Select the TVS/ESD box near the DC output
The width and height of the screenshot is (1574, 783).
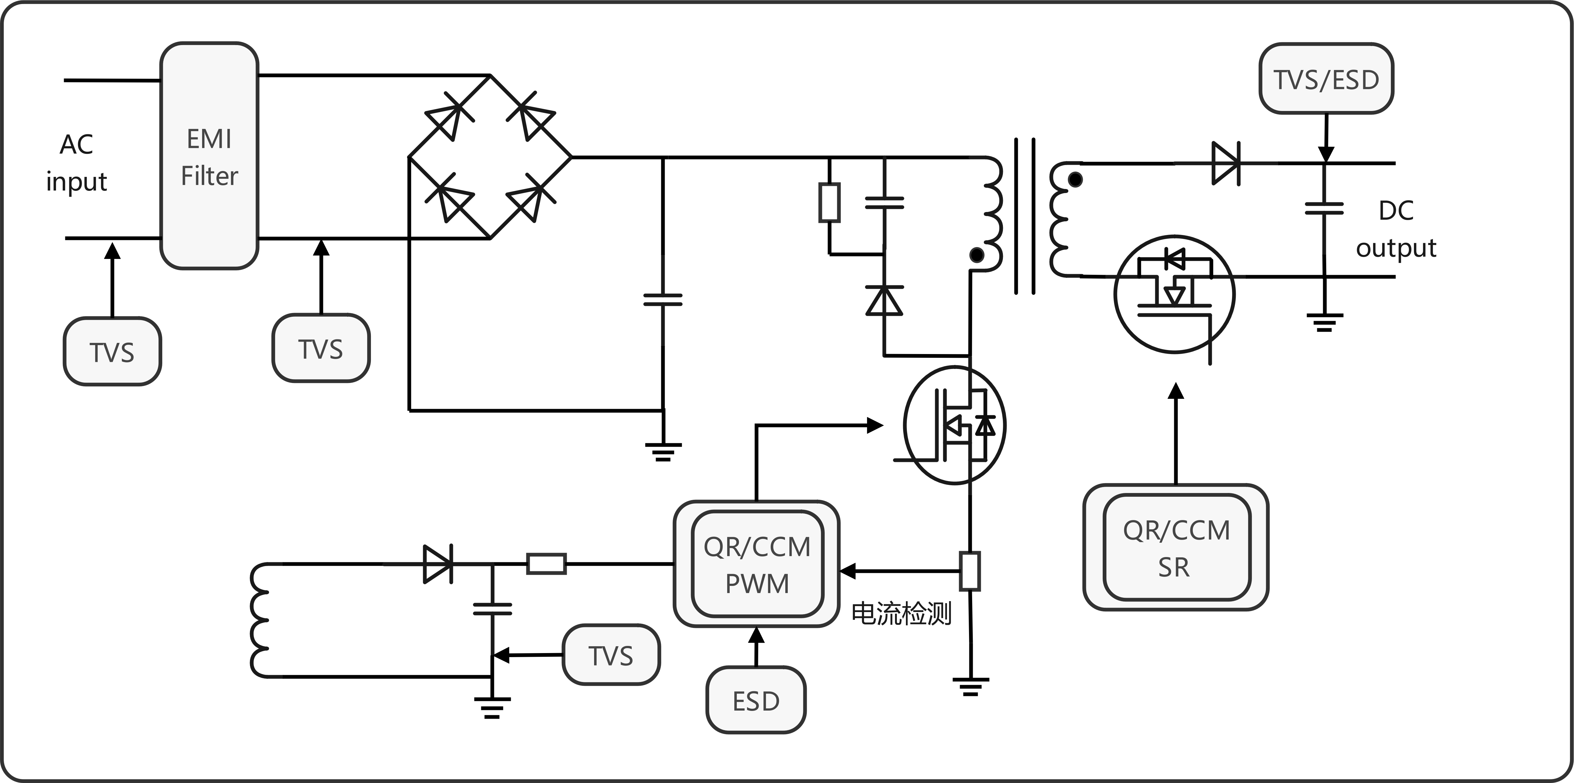(x=1326, y=79)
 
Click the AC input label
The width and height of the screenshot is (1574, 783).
(x=76, y=163)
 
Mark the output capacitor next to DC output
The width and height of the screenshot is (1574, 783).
(x=1324, y=209)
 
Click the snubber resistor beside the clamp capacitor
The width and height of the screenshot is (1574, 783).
(x=829, y=202)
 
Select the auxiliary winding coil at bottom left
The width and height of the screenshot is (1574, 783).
(x=260, y=620)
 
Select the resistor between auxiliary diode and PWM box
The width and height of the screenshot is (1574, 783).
(x=546, y=564)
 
